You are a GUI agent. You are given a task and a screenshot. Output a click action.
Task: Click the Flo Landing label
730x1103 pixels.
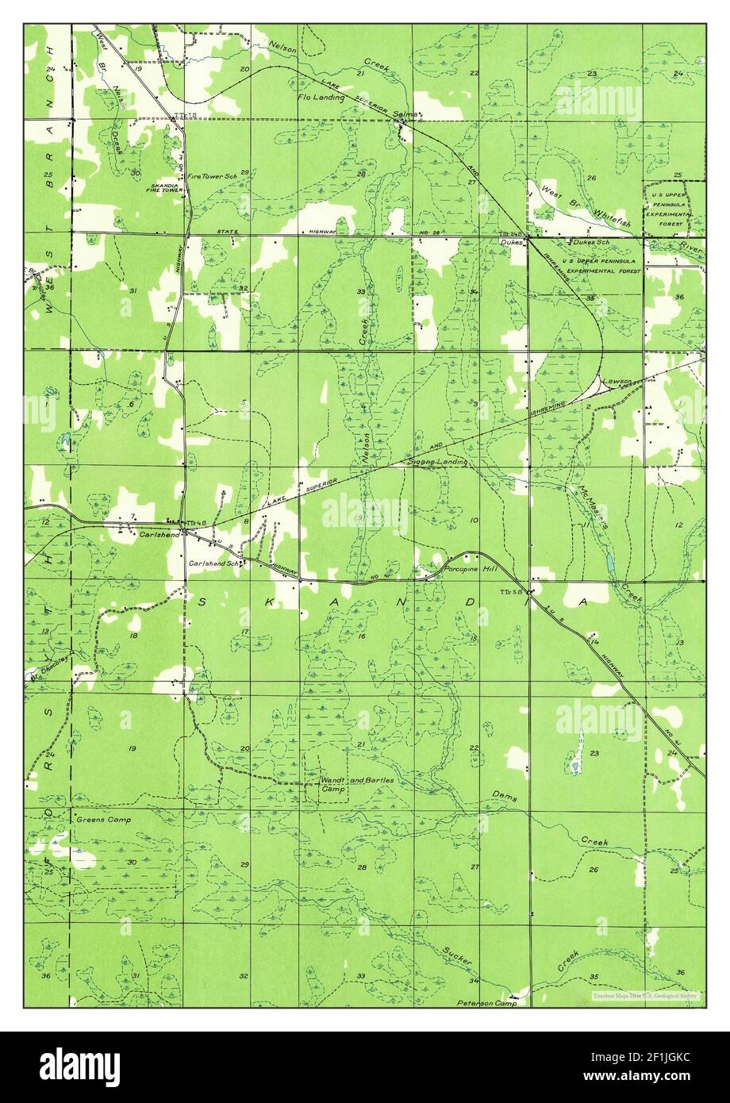(321, 98)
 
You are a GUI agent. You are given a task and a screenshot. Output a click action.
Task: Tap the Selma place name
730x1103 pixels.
(405, 115)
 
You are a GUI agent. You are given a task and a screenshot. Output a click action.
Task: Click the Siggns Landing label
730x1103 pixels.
(437, 461)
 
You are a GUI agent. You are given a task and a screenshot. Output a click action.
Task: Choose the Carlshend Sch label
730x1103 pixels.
(213, 563)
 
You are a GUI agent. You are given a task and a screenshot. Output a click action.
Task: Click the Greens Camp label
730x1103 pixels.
(103, 819)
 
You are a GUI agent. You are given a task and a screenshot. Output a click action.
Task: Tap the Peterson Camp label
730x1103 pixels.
(486, 1003)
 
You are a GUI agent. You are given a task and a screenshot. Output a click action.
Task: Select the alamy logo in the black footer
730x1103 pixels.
(80, 1066)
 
